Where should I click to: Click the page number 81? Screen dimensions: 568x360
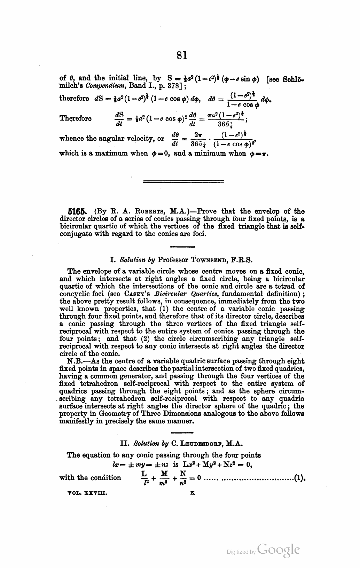pyautogui.click(x=182, y=55)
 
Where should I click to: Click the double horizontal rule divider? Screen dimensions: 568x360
pyautogui.click(x=183, y=181)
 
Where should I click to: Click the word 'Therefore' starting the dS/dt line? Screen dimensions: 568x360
pyautogui.click(x=76, y=118)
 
